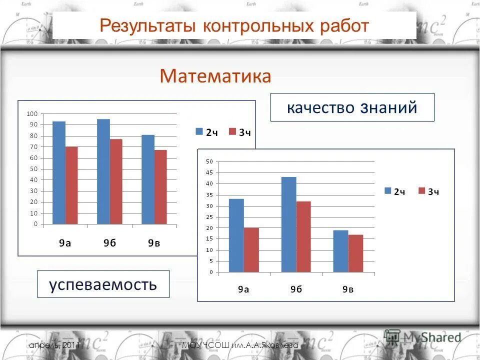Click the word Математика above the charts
coord(215,76)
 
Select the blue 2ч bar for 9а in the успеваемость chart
coord(59,172)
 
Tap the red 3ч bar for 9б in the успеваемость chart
coord(116,181)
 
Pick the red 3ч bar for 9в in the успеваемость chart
coord(160,187)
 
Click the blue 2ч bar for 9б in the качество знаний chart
coord(288,224)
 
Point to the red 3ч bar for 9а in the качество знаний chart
coord(251,250)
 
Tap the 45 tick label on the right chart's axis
coord(208,172)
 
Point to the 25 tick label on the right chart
coord(208,217)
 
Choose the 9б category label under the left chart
coord(109,243)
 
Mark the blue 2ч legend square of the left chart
coord(199,131)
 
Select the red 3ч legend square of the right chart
coord(421,191)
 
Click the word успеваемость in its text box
coord(103,284)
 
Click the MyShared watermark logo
coord(423,336)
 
